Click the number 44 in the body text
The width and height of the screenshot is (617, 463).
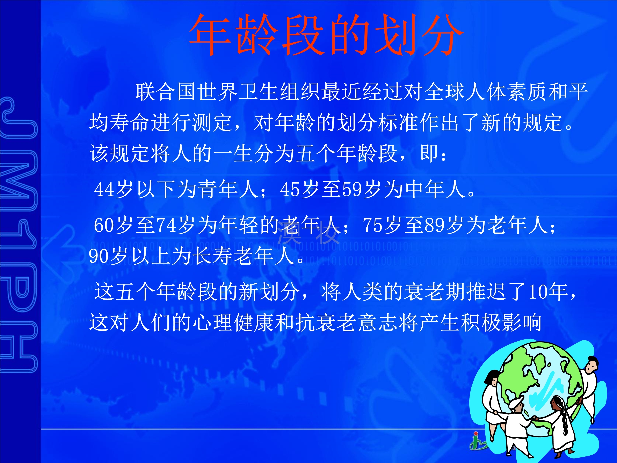(104, 190)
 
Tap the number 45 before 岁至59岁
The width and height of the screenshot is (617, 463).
(290, 190)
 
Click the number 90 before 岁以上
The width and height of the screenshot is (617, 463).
(99, 256)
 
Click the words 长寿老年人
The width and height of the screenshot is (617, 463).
(244, 256)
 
